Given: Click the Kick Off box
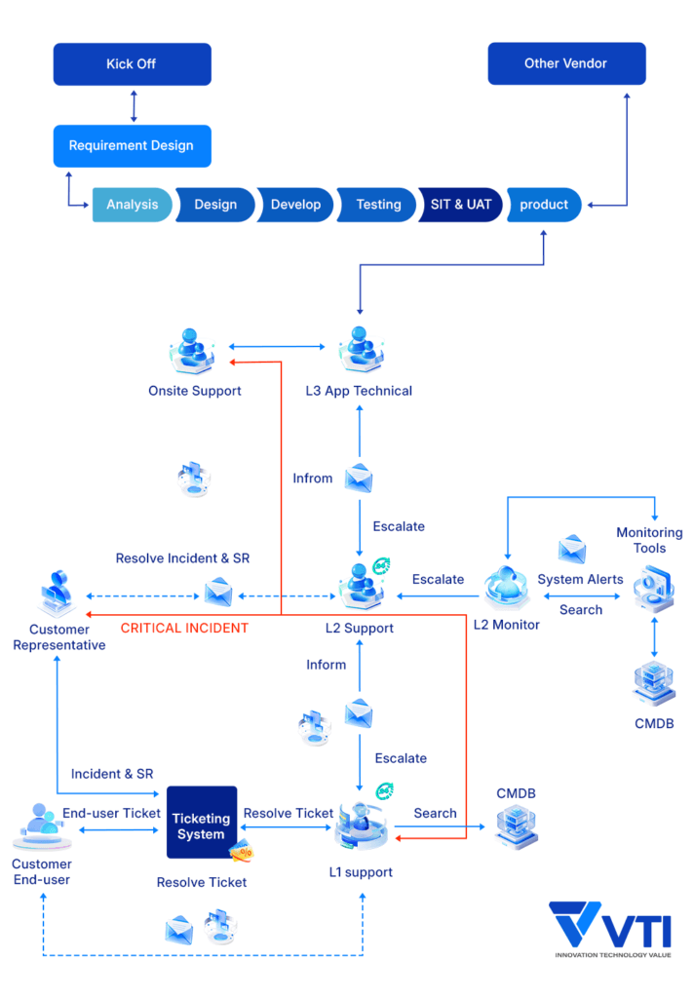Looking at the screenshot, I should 132,64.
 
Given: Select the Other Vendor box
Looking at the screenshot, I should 565,64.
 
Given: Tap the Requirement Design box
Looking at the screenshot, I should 132,146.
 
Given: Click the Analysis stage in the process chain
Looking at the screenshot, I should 133,205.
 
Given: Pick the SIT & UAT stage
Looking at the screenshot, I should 460,205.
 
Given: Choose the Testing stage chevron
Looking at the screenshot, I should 378,205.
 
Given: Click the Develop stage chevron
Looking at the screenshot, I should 295,205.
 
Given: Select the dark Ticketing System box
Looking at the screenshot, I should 202,822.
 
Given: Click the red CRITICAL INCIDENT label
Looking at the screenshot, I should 184,629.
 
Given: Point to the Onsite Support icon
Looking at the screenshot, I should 195,350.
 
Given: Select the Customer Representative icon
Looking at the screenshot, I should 59,595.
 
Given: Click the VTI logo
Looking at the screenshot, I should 610,926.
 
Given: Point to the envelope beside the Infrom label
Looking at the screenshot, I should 360,479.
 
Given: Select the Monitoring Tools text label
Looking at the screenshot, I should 649,540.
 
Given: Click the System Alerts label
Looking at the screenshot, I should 580,579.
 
